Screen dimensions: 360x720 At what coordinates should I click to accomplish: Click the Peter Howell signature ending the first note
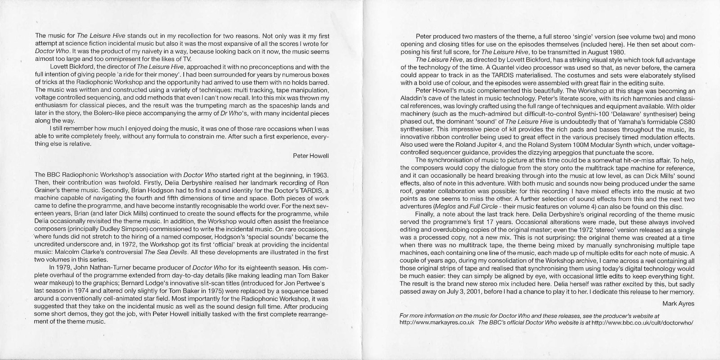click(310, 156)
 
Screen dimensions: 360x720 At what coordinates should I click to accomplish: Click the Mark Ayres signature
click(679, 303)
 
